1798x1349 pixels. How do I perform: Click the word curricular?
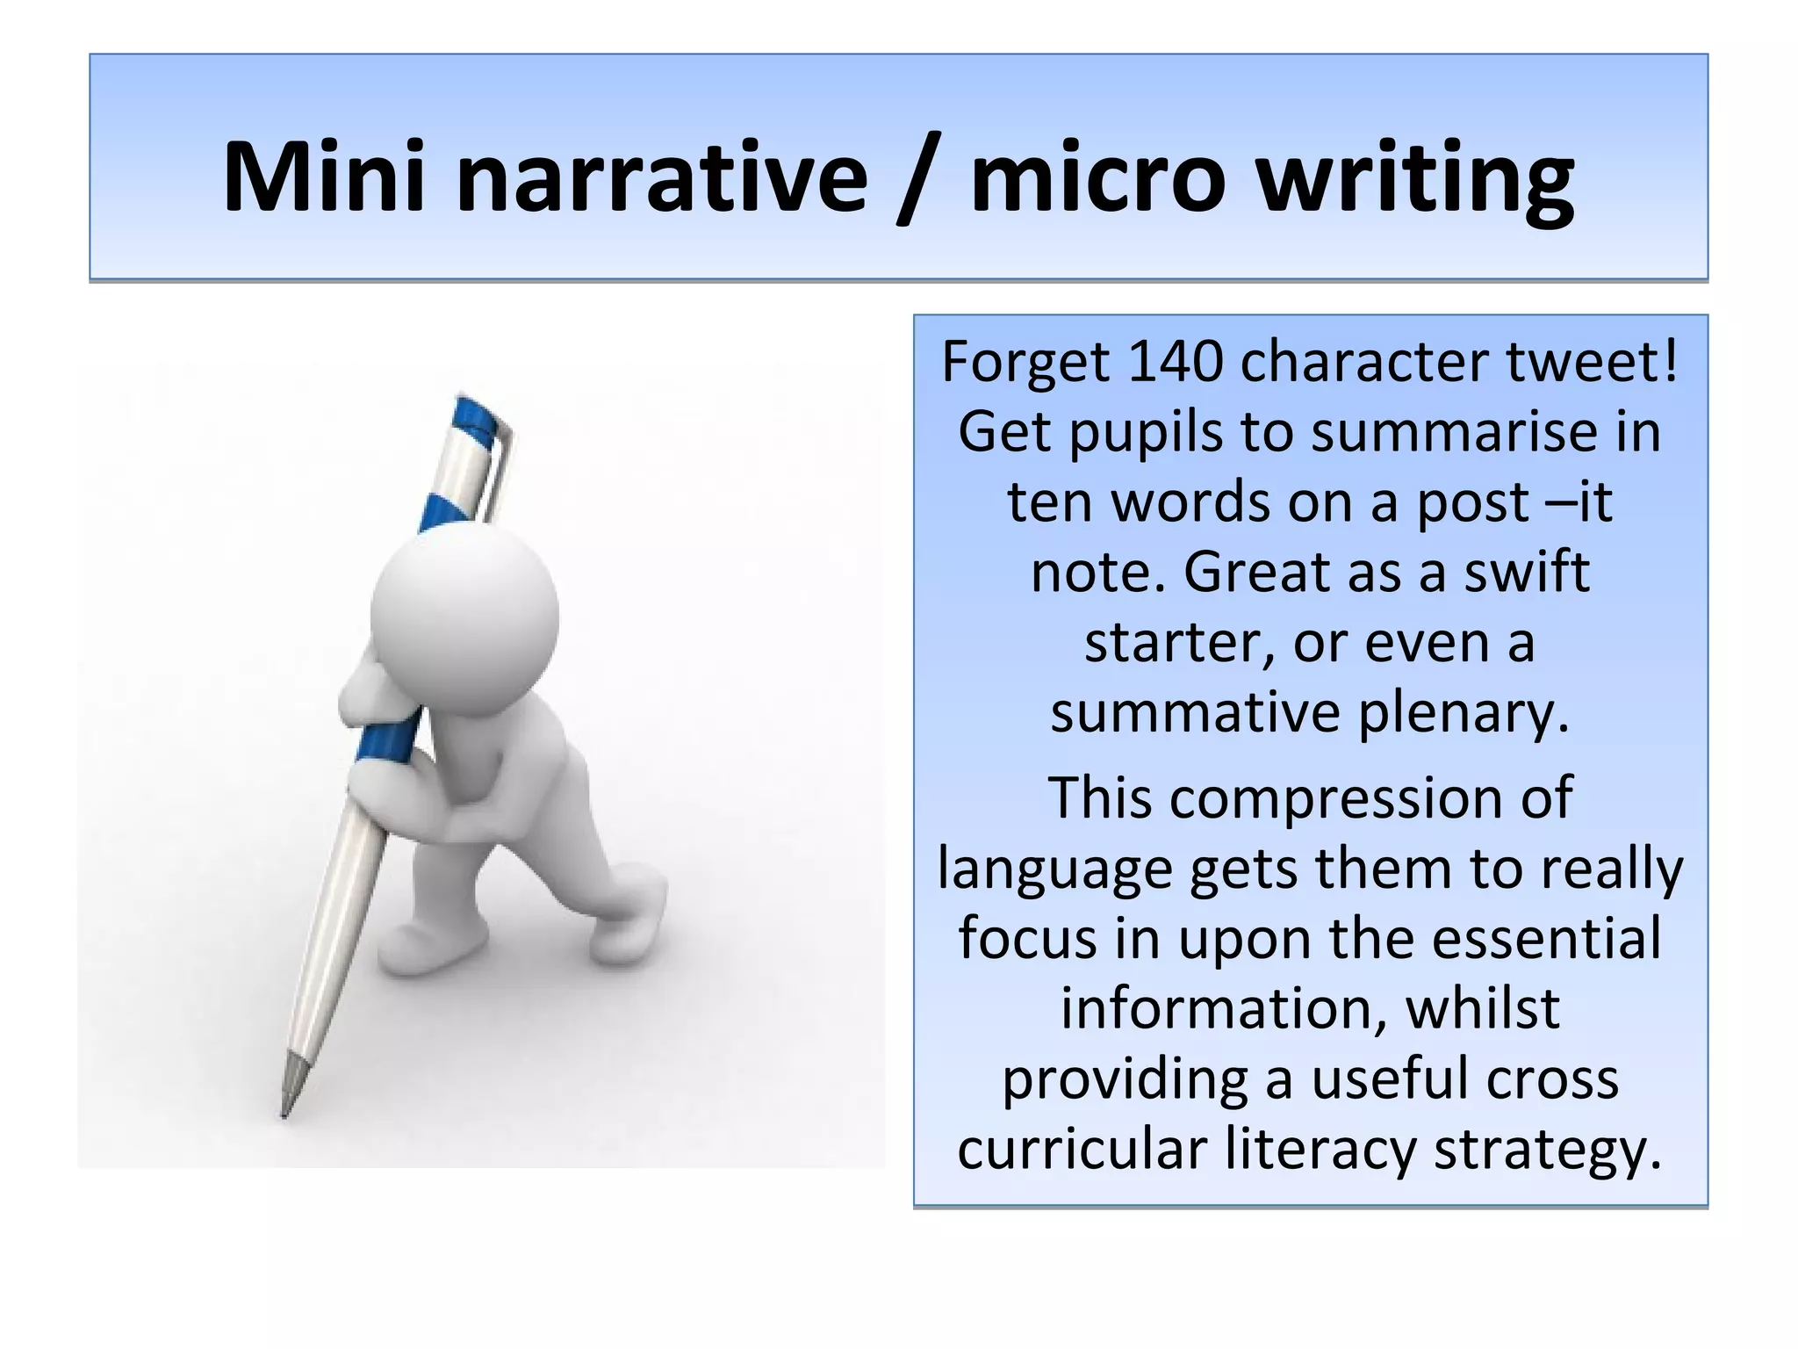click(1082, 1149)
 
